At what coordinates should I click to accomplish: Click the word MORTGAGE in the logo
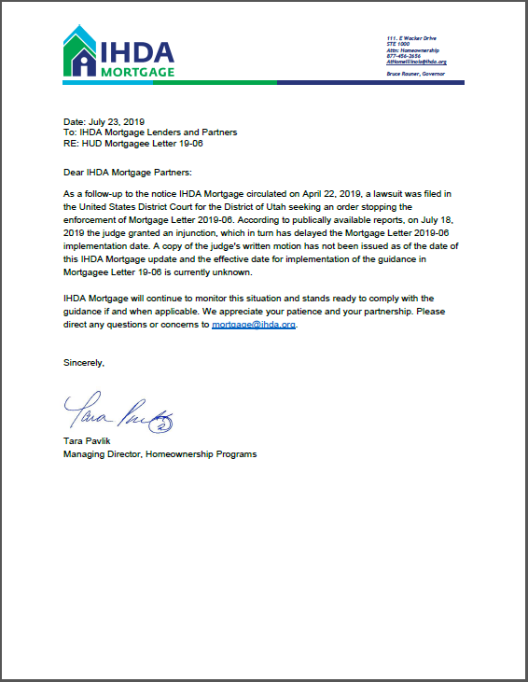coord(138,71)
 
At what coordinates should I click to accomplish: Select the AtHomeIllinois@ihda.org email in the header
coord(416,62)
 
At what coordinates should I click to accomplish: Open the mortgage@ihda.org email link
coord(253,326)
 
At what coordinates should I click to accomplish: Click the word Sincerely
coord(84,361)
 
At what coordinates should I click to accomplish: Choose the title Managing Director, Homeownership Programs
coord(160,454)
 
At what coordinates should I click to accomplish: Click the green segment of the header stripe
coord(215,82)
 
